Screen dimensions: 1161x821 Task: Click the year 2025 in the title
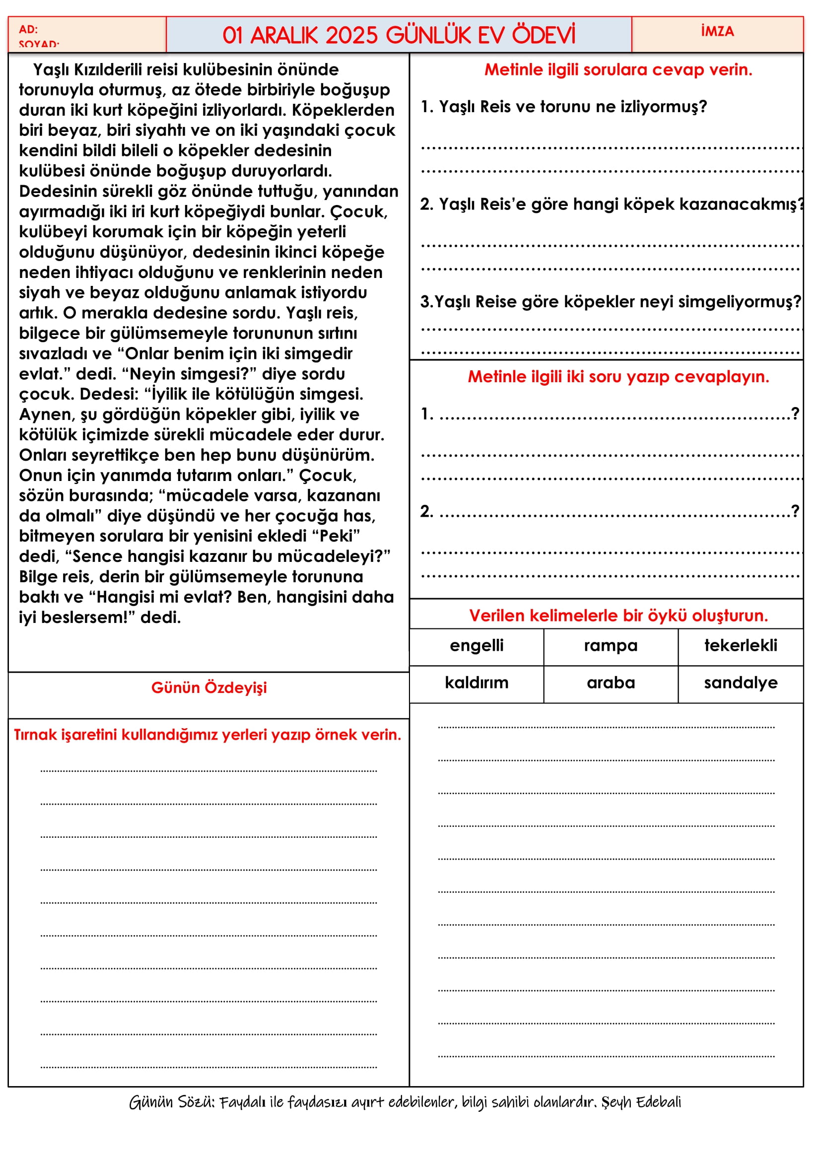coord(351,35)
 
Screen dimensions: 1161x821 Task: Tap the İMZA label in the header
coord(717,31)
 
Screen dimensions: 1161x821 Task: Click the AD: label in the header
coord(28,29)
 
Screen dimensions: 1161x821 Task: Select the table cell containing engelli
coord(476,646)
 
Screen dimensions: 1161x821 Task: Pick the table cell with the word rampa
coord(610,646)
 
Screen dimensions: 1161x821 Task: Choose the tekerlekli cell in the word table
coord(740,646)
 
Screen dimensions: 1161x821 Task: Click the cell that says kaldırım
coord(476,683)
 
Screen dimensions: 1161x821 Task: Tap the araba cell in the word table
coord(610,683)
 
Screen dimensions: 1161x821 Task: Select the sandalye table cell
coord(740,683)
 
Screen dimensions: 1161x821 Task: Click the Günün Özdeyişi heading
coord(209,687)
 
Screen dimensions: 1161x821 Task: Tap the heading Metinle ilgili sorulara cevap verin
coord(618,70)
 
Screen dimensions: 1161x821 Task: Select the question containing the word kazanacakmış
coord(612,205)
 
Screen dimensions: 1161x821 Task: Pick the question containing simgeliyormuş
coord(610,302)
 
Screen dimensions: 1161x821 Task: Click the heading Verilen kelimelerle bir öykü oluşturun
coord(618,616)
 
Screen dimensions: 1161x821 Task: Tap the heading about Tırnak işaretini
coord(207,735)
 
